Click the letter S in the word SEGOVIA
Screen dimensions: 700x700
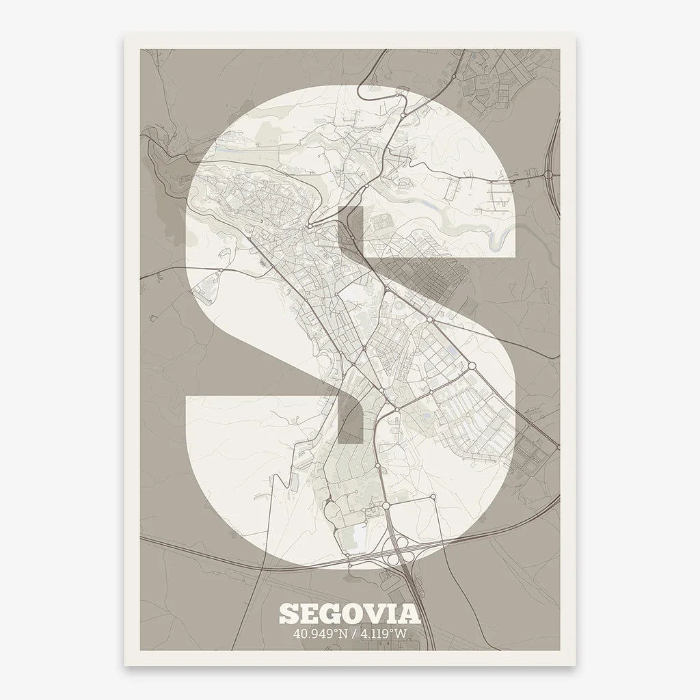(288, 613)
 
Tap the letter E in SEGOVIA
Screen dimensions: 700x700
(309, 613)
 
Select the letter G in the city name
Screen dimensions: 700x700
(332, 613)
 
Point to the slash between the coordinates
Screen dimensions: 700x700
(351, 634)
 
